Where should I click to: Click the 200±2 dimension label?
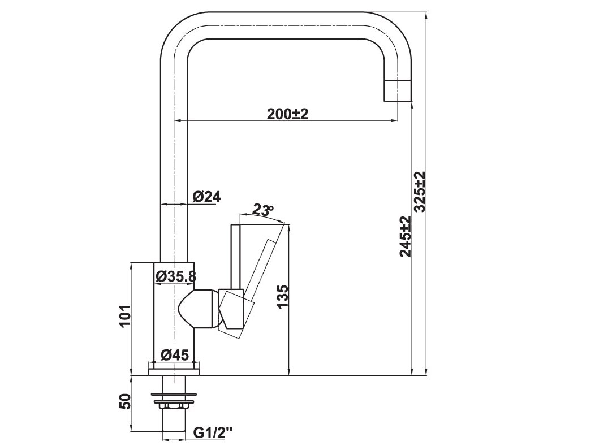tap(287, 114)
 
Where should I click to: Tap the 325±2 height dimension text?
tap(420, 192)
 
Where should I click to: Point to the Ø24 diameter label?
tap(206, 197)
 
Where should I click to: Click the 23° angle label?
tap(262, 210)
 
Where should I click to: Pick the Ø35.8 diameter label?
tap(175, 276)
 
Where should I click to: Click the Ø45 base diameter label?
tap(174, 355)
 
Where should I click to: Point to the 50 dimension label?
tap(126, 401)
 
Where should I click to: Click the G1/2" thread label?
tap(213, 433)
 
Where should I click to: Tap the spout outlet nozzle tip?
tap(398, 90)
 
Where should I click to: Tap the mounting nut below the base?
tap(174, 404)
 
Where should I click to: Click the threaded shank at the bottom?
tap(174, 421)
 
